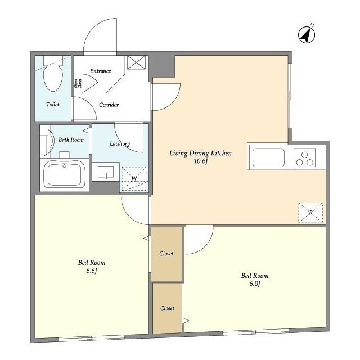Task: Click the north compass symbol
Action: pyautogui.click(x=307, y=34)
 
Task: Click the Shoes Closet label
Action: pyautogui.click(x=78, y=84)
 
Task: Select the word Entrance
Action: pyautogui.click(x=100, y=71)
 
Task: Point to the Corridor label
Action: pyautogui.click(x=109, y=105)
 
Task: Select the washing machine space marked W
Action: pyautogui.click(x=134, y=179)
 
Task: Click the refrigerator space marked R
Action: pyautogui.click(x=310, y=213)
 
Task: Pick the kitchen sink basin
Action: pyautogui.click(x=268, y=157)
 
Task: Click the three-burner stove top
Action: pyautogui.click(x=304, y=157)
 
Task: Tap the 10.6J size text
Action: pyautogui.click(x=201, y=161)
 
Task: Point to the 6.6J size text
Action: pyautogui.click(x=92, y=271)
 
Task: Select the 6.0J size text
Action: pyautogui.click(x=255, y=283)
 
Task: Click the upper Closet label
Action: pyautogui.click(x=166, y=254)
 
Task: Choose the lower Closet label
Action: pyautogui.click(x=167, y=308)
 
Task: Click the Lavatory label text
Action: pyautogui.click(x=120, y=144)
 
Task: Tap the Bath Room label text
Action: pyautogui.click(x=71, y=139)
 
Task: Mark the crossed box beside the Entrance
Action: pyautogui.click(x=136, y=62)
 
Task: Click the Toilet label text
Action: pyautogui.click(x=53, y=105)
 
